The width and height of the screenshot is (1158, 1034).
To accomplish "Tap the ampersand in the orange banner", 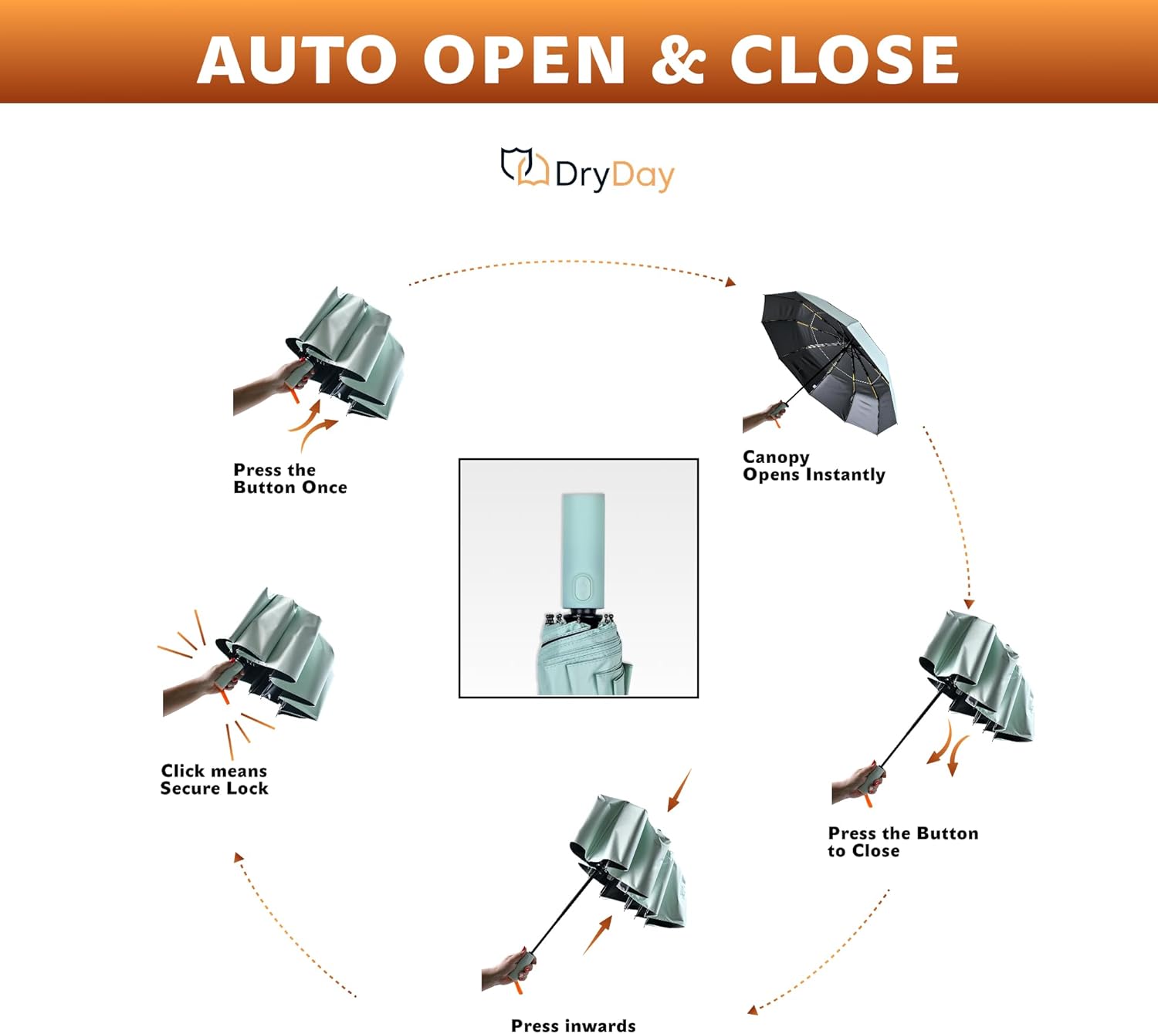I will pos(678,60).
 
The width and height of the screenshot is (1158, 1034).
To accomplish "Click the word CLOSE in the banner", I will pos(844,60).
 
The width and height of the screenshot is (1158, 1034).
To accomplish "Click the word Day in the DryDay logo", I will pos(642,176).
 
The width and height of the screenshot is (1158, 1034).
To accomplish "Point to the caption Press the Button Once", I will pos(289,478).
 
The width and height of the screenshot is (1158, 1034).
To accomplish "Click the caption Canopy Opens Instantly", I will pos(813,466).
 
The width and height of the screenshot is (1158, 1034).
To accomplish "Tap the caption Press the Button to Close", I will pos(902,842).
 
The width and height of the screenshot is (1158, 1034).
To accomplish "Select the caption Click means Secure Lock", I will pos(214,779).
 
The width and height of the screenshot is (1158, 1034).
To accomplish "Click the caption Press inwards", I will pos(573,1025).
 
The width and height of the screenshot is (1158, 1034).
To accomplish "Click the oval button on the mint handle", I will pos(584,587).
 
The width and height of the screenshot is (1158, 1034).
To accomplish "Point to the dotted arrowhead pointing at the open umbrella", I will pos(730,282).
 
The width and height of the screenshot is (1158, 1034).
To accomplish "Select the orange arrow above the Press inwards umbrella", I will pos(678,790).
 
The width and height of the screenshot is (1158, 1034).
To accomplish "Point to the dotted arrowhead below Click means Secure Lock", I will pos(239,857).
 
